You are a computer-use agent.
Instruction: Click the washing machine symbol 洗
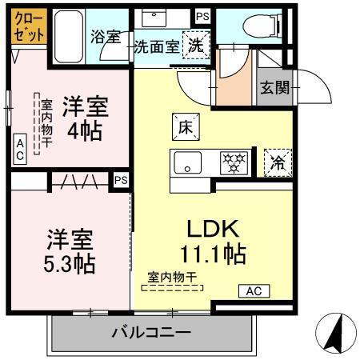[195, 45]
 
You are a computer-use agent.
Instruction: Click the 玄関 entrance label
[273, 86]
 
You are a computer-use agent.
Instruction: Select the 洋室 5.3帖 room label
[70, 250]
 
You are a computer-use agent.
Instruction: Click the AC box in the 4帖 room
[19, 148]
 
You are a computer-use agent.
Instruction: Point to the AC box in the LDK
[254, 291]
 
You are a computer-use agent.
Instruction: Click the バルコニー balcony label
[150, 332]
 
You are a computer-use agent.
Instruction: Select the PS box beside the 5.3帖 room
[121, 180]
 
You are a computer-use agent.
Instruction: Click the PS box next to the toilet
[202, 15]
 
